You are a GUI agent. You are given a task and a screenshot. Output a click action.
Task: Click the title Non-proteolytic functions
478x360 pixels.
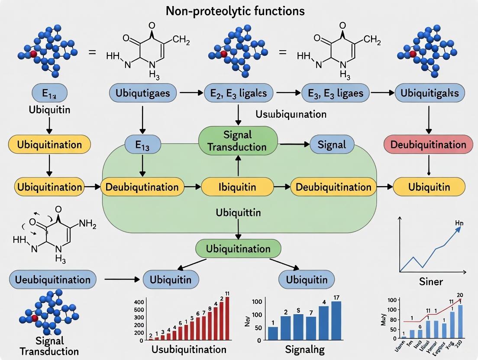pos(235,10)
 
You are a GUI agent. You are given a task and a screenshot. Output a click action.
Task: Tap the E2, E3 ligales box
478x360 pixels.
pos(238,93)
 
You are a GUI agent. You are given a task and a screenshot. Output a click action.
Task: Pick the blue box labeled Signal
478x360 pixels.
pos(332,144)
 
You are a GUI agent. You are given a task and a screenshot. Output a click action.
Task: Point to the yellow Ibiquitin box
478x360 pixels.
pos(237,187)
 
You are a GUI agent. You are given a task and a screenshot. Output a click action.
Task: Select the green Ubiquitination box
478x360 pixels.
pos(238,249)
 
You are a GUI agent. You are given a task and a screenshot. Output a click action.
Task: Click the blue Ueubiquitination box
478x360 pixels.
pos(52,280)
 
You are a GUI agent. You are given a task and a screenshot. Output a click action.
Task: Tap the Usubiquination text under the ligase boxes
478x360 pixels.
pos(291,115)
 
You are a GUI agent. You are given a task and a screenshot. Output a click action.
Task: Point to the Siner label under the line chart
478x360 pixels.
pos(431,282)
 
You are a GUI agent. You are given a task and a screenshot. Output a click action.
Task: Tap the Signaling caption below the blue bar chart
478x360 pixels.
pos(306,349)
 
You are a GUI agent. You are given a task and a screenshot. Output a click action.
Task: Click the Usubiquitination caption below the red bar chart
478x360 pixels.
pos(189,349)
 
